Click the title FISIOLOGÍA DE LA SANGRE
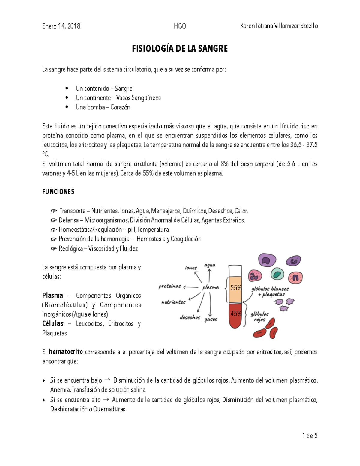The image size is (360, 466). point(180,49)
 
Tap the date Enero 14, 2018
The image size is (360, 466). point(61,26)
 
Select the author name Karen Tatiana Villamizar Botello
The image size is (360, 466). point(279,26)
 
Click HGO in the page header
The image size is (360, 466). point(180,26)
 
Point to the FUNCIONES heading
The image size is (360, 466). point(58,192)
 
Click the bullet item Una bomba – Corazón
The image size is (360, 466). point(103,107)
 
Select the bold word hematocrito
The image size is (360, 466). point(66,352)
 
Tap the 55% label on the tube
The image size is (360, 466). point(235,288)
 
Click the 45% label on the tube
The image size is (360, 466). point(235,314)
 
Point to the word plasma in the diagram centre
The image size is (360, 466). point(211,287)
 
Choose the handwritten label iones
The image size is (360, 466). point(191,268)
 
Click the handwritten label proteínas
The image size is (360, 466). point(170,286)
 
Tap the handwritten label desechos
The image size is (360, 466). point(190,317)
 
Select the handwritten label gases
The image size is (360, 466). point(211,320)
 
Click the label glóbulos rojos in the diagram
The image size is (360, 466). point(259,317)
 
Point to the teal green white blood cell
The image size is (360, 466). point(277,274)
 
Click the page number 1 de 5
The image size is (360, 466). point(310,436)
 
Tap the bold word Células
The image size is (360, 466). point(53,323)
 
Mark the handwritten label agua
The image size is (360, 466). point(210,265)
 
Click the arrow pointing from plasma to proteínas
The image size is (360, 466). point(191,287)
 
